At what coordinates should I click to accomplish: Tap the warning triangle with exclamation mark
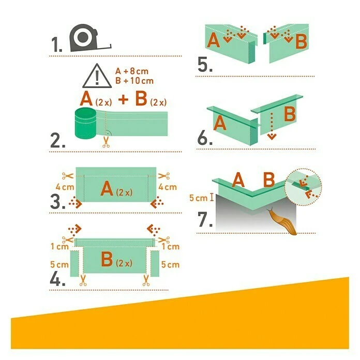97,77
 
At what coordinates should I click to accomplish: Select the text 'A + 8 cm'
132,71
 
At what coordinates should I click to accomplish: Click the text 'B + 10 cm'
134,81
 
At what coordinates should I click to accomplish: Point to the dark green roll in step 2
85,123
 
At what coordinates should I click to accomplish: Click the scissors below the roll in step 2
106,142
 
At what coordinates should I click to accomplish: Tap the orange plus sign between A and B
124,99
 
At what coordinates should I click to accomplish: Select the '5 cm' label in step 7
199,198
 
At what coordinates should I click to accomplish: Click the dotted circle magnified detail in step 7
303,187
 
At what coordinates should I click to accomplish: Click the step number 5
204,65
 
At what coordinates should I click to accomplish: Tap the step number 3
57,202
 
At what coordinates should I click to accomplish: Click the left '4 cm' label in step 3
65,187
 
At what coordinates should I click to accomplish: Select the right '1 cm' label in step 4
170,247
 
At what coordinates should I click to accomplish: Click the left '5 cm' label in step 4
59,264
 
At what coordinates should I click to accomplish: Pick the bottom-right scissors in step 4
145,280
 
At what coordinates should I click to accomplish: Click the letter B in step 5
301,41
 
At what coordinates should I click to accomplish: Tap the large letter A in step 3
107,188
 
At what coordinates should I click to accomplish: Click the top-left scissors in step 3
68,176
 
